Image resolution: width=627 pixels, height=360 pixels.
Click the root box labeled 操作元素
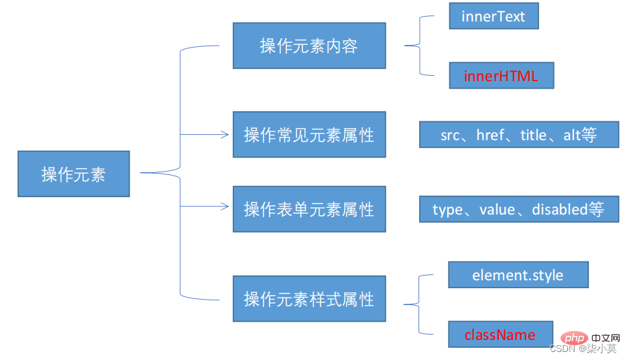click(x=74, y=174)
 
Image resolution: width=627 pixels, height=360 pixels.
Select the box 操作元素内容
click(x=309, y=46)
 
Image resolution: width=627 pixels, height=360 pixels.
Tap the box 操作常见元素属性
click(x=309, y=135)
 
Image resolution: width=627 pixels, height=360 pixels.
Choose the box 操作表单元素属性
click(x=309, y=209)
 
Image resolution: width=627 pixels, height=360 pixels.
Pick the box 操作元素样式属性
click(x=309, y=298)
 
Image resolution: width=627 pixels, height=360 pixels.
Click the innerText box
click(x=494, y=17)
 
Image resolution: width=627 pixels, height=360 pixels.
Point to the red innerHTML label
click(x=501, y=76)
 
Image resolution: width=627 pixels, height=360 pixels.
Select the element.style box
click(x=518, y=275)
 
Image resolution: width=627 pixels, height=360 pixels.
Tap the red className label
click(x=500, y=335)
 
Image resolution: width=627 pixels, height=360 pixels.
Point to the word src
click(x=450, y=135)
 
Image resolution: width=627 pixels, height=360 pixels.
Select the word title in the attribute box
click(x=534, y=135)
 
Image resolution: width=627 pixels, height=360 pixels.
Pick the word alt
click(x=572, y=135)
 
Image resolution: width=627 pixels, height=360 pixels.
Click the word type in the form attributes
click(x=447, y=209)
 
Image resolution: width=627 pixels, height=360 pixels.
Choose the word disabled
click(x=559, y=209)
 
